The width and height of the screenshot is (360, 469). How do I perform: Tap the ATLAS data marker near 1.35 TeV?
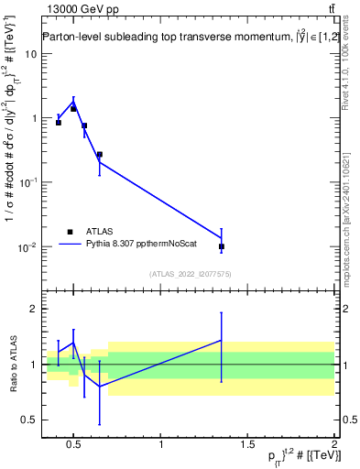click(x=222, y=246)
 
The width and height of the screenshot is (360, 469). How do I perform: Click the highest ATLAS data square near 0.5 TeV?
click(x=73, y=109)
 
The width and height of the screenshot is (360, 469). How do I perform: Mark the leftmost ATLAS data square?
click(x=59, y=122)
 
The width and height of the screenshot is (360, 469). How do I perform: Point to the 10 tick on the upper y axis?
click(x=31, y=53)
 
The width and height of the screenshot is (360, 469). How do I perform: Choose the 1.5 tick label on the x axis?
click(x=248, y=445)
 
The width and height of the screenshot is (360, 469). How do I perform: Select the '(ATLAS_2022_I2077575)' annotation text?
click(x=191, y=273)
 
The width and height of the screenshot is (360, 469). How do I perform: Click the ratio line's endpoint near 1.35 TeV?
click(x=222, y=340)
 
